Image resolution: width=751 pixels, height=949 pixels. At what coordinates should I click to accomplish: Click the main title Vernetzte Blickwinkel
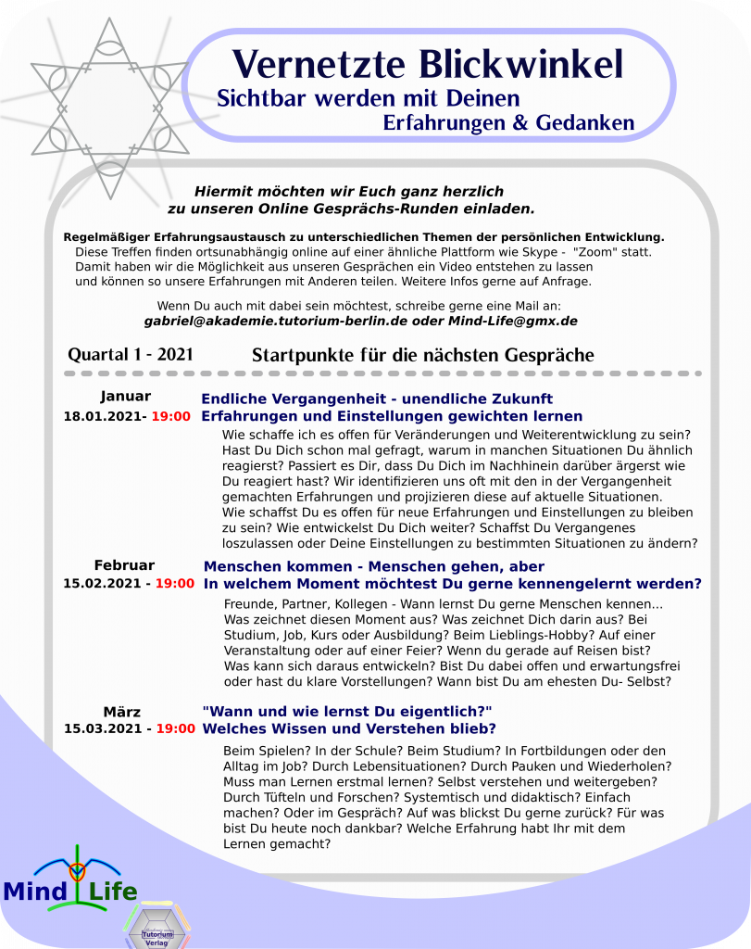point(428,63)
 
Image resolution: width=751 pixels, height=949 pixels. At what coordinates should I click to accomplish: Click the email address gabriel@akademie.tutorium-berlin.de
point(277,321)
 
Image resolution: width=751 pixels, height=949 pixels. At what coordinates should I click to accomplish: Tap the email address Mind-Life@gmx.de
point(513,321)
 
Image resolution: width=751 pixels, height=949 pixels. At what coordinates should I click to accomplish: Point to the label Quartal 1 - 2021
point(131,355)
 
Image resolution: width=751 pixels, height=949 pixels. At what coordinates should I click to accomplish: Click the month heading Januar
point(125,397)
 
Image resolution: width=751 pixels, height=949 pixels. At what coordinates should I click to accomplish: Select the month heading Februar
point(124,565)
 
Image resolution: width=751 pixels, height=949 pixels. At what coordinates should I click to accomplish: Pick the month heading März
point(122,712)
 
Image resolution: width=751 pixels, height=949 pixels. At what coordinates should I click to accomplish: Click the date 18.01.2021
point(101,416)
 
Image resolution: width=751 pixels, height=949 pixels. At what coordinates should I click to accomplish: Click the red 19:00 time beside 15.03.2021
point(175,729)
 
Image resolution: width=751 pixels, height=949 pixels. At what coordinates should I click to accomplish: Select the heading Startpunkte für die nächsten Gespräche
point(422,355)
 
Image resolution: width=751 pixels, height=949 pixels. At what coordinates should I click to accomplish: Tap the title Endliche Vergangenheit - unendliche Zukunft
point(377,399)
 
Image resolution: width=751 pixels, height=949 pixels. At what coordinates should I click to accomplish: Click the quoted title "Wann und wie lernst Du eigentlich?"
point(346,711)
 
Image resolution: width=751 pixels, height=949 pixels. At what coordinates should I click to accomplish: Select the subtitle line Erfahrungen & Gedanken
point(508,122)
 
